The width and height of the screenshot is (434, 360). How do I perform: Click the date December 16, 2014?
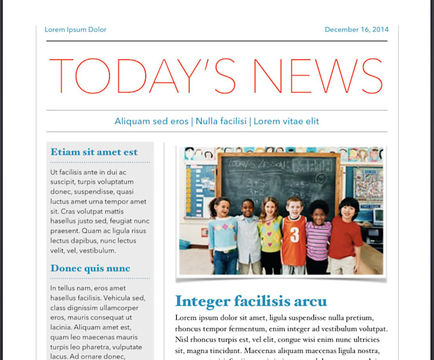(x=356, y=29)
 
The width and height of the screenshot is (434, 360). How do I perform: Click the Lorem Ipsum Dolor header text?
(x=75, y=29)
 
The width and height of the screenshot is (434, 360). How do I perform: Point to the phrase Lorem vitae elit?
(x=286, y=121)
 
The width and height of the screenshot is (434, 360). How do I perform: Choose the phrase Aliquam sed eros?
(x=151, y=121)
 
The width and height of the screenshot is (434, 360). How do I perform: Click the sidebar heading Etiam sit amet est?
(x=94, y=152)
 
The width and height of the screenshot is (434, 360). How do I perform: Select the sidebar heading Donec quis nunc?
(x=90, y=268)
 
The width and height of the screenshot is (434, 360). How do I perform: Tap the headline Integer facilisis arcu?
(x=251, y=301)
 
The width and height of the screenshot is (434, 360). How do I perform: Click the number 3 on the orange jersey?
(x=295, y=235)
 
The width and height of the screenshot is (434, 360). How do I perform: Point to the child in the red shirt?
(x=346, y=236)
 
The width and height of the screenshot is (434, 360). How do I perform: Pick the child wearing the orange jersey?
(x=294, y=236)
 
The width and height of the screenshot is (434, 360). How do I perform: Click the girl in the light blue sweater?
(x=223, y=236)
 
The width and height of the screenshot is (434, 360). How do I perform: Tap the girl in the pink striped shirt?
(x=318, y=239)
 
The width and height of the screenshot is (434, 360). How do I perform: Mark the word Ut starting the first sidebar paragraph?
(x=54, y=172)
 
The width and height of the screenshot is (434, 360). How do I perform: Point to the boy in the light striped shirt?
(x=248, y=236)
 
